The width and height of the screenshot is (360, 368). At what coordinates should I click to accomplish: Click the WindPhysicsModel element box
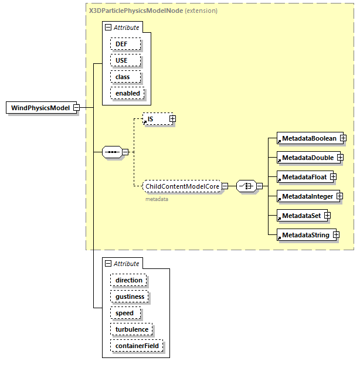pyautogui.click(x=40, y=108)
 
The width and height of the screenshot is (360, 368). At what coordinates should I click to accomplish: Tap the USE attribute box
pyautogui.click(x=121, y=60)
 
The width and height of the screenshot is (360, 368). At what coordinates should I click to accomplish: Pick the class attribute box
pyautogui.click(x=123, y=77)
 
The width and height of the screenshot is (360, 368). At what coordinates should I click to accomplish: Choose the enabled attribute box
pyautogui.click(x=128, y=93)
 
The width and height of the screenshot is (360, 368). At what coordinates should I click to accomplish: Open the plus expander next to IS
pyautogui.click(x=172, y=119)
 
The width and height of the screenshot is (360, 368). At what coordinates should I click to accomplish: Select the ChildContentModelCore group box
pyautogui.click(x=182, y=186)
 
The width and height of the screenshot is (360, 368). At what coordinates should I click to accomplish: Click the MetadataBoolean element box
pyautogui.click(x=308, y=138)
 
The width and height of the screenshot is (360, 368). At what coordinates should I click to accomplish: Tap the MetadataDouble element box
pyautogui.click(x=307, y=158)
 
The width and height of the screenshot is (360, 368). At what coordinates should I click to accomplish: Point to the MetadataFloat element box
pyautogui.click(x=304, y=176)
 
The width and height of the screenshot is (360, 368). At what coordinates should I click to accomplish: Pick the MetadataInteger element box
pyautogui.click(x=307, y=196)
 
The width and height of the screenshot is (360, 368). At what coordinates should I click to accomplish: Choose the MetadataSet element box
pyautogui.click(x=301, y=215)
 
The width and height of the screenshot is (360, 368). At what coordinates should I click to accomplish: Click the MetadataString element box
pyautogui.click(x=305, y=234)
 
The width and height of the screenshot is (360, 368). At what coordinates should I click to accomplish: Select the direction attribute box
pyautogui.click(x=128, y=280)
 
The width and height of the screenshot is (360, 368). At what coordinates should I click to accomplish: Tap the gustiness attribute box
pyautogui.click(x=130, y=297)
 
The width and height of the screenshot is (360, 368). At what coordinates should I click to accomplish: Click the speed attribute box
pyautogui.click(x=124, y=313)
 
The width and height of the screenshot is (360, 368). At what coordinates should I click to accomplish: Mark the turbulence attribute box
pyautogui.click(x=132, y=329)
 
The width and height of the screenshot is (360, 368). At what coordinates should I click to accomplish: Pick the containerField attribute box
pyautogui.click(x=137, y=346)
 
